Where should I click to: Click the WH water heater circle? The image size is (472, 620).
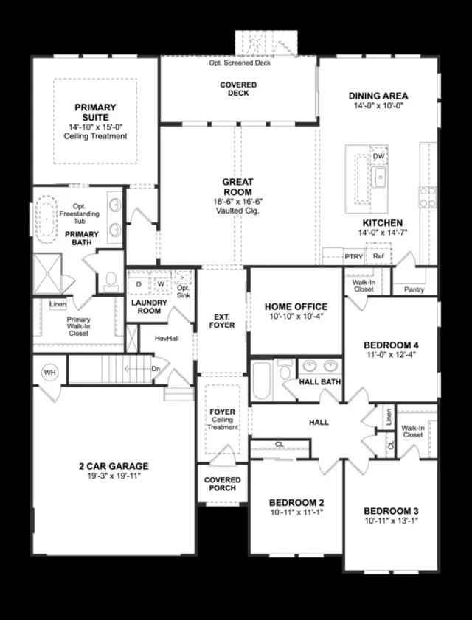(50, 373)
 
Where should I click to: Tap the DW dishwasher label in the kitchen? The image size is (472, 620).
(378, 157)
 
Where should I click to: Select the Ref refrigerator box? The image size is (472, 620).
(378, 257)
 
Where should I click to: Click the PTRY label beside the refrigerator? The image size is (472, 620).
(354, 257)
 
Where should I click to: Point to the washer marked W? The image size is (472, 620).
(160, 283)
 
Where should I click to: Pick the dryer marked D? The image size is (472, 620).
(138, 283)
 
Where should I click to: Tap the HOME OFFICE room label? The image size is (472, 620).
(296, 306)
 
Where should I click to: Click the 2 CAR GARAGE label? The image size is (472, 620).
(114, 466)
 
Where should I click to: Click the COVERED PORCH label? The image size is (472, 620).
(221, 485)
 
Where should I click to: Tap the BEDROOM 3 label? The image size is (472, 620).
(391, 511)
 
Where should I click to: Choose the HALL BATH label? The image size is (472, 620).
(319, 382)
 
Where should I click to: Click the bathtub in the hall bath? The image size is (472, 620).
(263, 381)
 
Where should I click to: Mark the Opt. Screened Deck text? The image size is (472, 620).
(240, 63)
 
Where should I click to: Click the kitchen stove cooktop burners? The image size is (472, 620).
(427, 197)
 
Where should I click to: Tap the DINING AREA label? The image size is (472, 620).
(378, 96)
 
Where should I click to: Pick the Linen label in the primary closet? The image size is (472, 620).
(58, 305)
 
